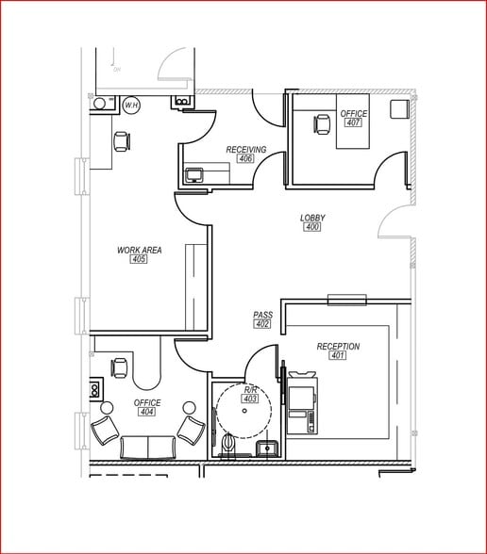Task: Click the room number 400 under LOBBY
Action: click(312, 227)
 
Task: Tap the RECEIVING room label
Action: click(246, 149)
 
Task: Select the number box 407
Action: click(353, 122)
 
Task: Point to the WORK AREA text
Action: click(140, 250)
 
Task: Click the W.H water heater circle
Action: click(130, 106)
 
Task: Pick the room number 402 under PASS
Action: click(262, 324)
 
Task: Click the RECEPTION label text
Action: click(338, 347)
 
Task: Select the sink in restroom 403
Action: click(267, 448)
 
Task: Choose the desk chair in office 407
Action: click(323, 122)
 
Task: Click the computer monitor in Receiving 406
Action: click(195, 174)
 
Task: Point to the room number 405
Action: click(140, 259)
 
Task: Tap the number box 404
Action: click(146, 412)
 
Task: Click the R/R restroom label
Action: click(251, 389)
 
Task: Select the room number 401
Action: click(338, 356)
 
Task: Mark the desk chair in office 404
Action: click(120, 367)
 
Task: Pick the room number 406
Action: click(246, 158)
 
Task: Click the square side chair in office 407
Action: click(398, 107)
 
